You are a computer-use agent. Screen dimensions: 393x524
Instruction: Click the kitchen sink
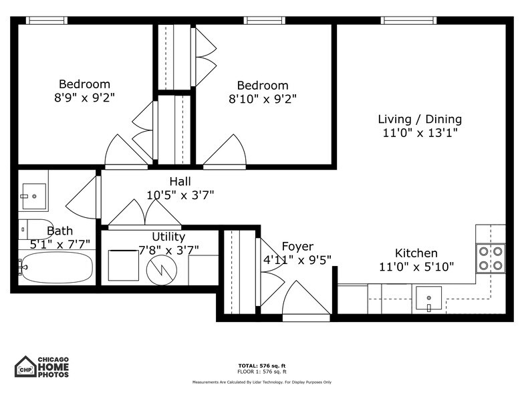428,298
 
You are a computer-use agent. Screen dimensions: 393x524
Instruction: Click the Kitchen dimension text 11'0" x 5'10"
416,267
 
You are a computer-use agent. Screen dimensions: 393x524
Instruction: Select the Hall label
180,182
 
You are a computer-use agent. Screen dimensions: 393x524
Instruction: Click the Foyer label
297,247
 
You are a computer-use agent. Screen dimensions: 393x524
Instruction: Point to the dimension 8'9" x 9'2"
84,98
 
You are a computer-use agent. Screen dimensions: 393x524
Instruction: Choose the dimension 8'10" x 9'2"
263,99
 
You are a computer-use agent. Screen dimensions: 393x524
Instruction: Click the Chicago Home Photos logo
42,366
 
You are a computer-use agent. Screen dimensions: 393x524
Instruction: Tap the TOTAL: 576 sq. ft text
262,366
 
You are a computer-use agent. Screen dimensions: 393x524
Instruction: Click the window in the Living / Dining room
408,20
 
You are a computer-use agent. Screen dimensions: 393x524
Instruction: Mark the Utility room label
168,237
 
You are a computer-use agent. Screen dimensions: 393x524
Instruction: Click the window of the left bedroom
47,20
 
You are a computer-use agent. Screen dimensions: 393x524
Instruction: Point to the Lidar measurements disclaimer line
262,382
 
